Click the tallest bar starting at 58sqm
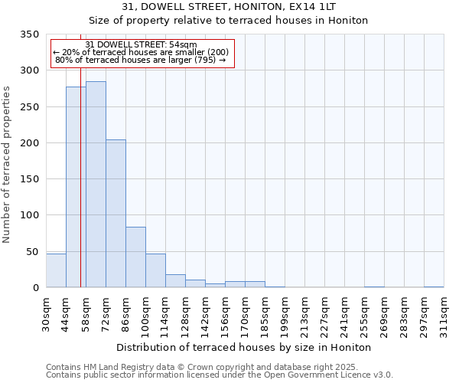tap(96, 184)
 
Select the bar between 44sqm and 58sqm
tap(76, 187)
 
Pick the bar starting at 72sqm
tap(116, 214)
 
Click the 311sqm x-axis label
tap(444, 315)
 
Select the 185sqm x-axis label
tap(265, 315)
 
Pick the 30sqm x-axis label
tap(46, 313)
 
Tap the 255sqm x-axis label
tap(364, 315)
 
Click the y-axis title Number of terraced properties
tap(8, 165)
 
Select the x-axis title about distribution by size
tap(245, 347)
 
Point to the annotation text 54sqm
tap(142, 45)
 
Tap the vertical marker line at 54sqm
tap(80, 191)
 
